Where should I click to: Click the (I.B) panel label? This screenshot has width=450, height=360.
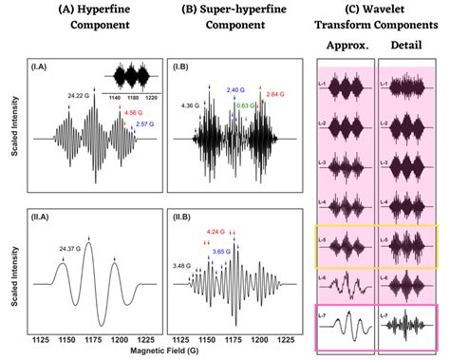click(182, 68)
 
